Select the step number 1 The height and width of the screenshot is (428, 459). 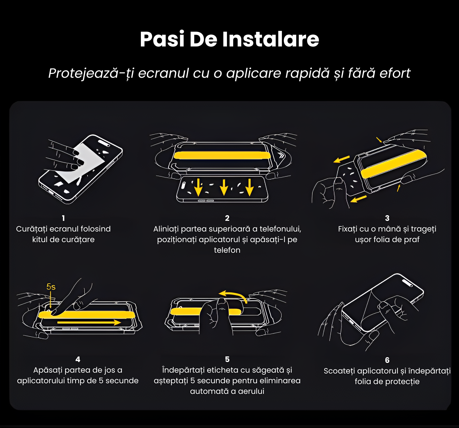point(63,218)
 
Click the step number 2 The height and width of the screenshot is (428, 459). point(227,218)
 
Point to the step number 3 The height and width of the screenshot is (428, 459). point(387,218)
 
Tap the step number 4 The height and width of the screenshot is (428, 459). point(78,359)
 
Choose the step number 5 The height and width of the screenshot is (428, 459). point(227,359)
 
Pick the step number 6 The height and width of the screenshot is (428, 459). point(387,360)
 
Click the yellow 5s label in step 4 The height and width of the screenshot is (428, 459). point(51,287)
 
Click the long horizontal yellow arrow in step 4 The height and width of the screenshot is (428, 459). point(89,322)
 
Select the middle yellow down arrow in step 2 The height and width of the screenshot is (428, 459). point(224,188)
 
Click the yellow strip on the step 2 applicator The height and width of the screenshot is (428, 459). point(222,155)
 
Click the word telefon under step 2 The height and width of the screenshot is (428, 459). point(227,250)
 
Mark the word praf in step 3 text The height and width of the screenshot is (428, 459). point(412,240)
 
